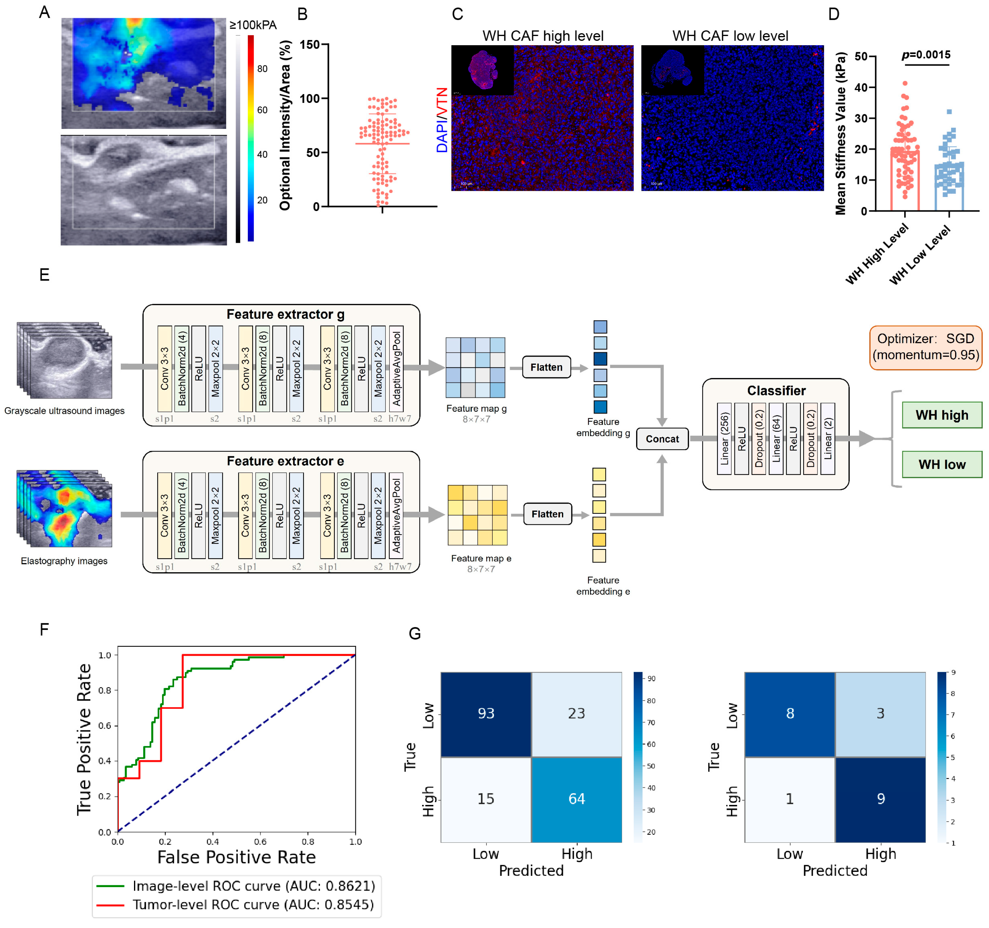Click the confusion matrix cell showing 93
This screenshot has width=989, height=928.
click(x=486, y=714)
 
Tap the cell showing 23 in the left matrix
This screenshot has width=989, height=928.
click(x=577, y=714)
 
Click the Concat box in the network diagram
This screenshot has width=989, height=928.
click(x=662, y=439)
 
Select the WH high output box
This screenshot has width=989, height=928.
click(x=942, y=415)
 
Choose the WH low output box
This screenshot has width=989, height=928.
click(x=942, y=464)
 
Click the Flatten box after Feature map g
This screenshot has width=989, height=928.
click(x=546, y=367)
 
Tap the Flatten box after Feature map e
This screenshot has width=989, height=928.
click(x=547, y=514)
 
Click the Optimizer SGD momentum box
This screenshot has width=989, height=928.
click(x=925, y=347)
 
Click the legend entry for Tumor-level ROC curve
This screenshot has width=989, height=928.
click(x=253, y=904)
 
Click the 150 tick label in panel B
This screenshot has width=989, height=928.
click(x=310, y=45)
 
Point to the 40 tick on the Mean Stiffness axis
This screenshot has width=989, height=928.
click(x=861, y=88)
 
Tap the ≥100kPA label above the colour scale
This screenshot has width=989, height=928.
click(x=253, y=25)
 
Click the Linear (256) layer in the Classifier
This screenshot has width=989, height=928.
click(x=724, y=439)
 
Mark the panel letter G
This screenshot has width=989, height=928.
click(x=415, y=633)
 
